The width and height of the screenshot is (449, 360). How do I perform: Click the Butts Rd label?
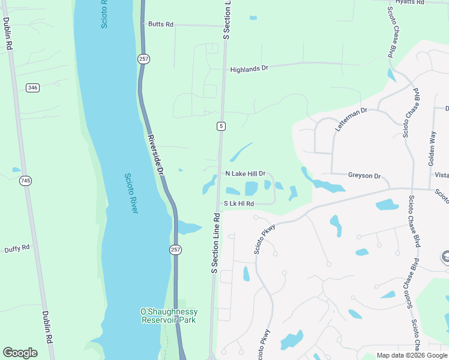click(161, 25)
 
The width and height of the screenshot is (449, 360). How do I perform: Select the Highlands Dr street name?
click(249, 69)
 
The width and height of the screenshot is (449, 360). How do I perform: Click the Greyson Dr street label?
click(364, 176)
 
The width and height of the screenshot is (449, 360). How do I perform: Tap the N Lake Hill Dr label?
click(245, 173)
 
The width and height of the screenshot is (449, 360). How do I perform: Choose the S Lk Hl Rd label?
click(239, 204)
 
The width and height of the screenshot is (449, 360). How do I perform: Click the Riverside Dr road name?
click(155, 154)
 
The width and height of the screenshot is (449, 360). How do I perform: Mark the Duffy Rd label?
click(17, 249)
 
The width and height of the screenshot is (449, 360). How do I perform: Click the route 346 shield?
click(32, 88)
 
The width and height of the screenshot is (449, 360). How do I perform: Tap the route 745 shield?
click(25, 181)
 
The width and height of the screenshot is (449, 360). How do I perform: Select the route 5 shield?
click(221, 126)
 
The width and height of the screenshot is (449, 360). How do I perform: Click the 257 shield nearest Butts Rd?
click(143, 59)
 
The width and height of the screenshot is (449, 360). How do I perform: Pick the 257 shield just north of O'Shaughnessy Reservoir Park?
click(175, 250)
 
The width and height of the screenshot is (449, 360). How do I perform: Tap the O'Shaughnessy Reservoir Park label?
click(169, 316)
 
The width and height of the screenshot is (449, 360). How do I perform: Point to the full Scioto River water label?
click(131, 193)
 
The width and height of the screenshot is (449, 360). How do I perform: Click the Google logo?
click(20, 353)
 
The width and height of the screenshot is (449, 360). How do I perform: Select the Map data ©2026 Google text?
click(412, 355)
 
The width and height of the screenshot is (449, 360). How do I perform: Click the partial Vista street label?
click(441, 175)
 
